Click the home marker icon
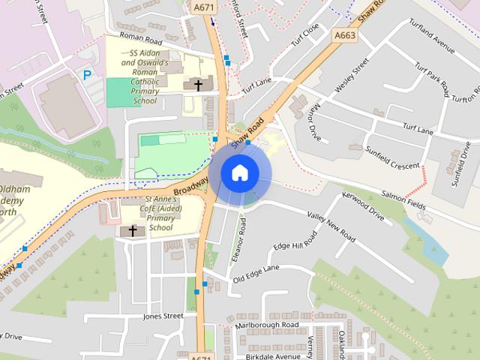click(x=239, y=173)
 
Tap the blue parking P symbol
click(x=88, y=74)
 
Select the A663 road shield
click(x=345, y=35)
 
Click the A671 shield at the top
click(x=202, y=7)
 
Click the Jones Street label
click(x=163, y=316)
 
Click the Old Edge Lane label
click(x=256, y=273)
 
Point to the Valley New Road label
click(x=331, y=225)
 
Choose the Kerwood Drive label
click(x=363, y=207)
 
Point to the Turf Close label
click(x=306, y=33)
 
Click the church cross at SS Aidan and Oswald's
click(x=199, y=85)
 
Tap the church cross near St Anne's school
click(x=133, y=230)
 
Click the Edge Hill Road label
click(x=295, y=240)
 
